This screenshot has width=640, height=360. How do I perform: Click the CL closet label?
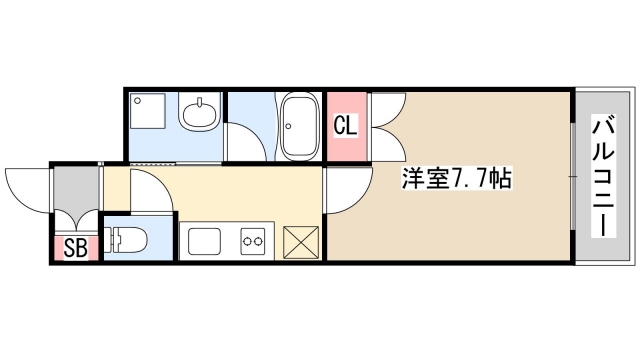pyautogui.click(x=344, y=126)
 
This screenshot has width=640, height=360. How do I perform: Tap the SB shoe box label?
pyautogui.click(x=73, y=247)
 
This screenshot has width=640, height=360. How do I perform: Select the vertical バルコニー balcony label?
pyautogui.click(x=603, y=176)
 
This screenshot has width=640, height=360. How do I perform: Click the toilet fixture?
pyautogui.click(x=129, y=240)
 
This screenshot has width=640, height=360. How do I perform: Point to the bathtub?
pyautogui.click(x=299, y=126)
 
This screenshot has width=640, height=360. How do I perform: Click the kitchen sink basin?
pyautogui.click(x=205, y=241)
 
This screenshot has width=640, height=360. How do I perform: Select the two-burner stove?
pyautogui.click(x=251, y=240)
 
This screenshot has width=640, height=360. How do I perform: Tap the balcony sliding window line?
pyautogui.click(x=572, y=176)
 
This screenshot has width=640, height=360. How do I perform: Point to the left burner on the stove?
pyautogui.click(x=245, y=240)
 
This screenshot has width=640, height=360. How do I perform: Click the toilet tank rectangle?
pyautogui.click(x=113, y=240)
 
